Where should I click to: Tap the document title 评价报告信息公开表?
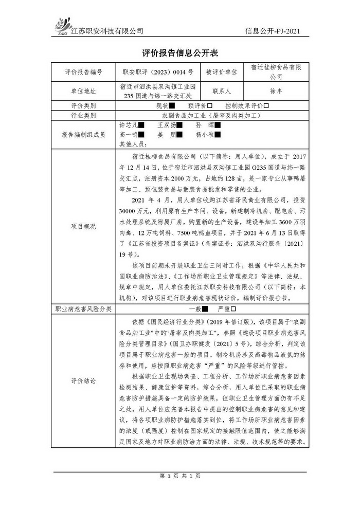[x=180, y=53]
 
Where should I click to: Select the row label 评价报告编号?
[x=83, y=72]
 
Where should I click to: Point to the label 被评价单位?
[x=221, y=72]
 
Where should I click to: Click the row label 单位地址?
[x=83, y=91]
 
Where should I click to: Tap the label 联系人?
[x=221, y=91]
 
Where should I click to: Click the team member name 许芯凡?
[x=128, y=125]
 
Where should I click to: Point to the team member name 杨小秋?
[x=204, y=135]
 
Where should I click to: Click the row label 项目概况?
[x=83, y=226]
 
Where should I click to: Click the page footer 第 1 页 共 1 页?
[x=180, y=476]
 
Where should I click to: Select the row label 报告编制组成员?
[x=83, y=135]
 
